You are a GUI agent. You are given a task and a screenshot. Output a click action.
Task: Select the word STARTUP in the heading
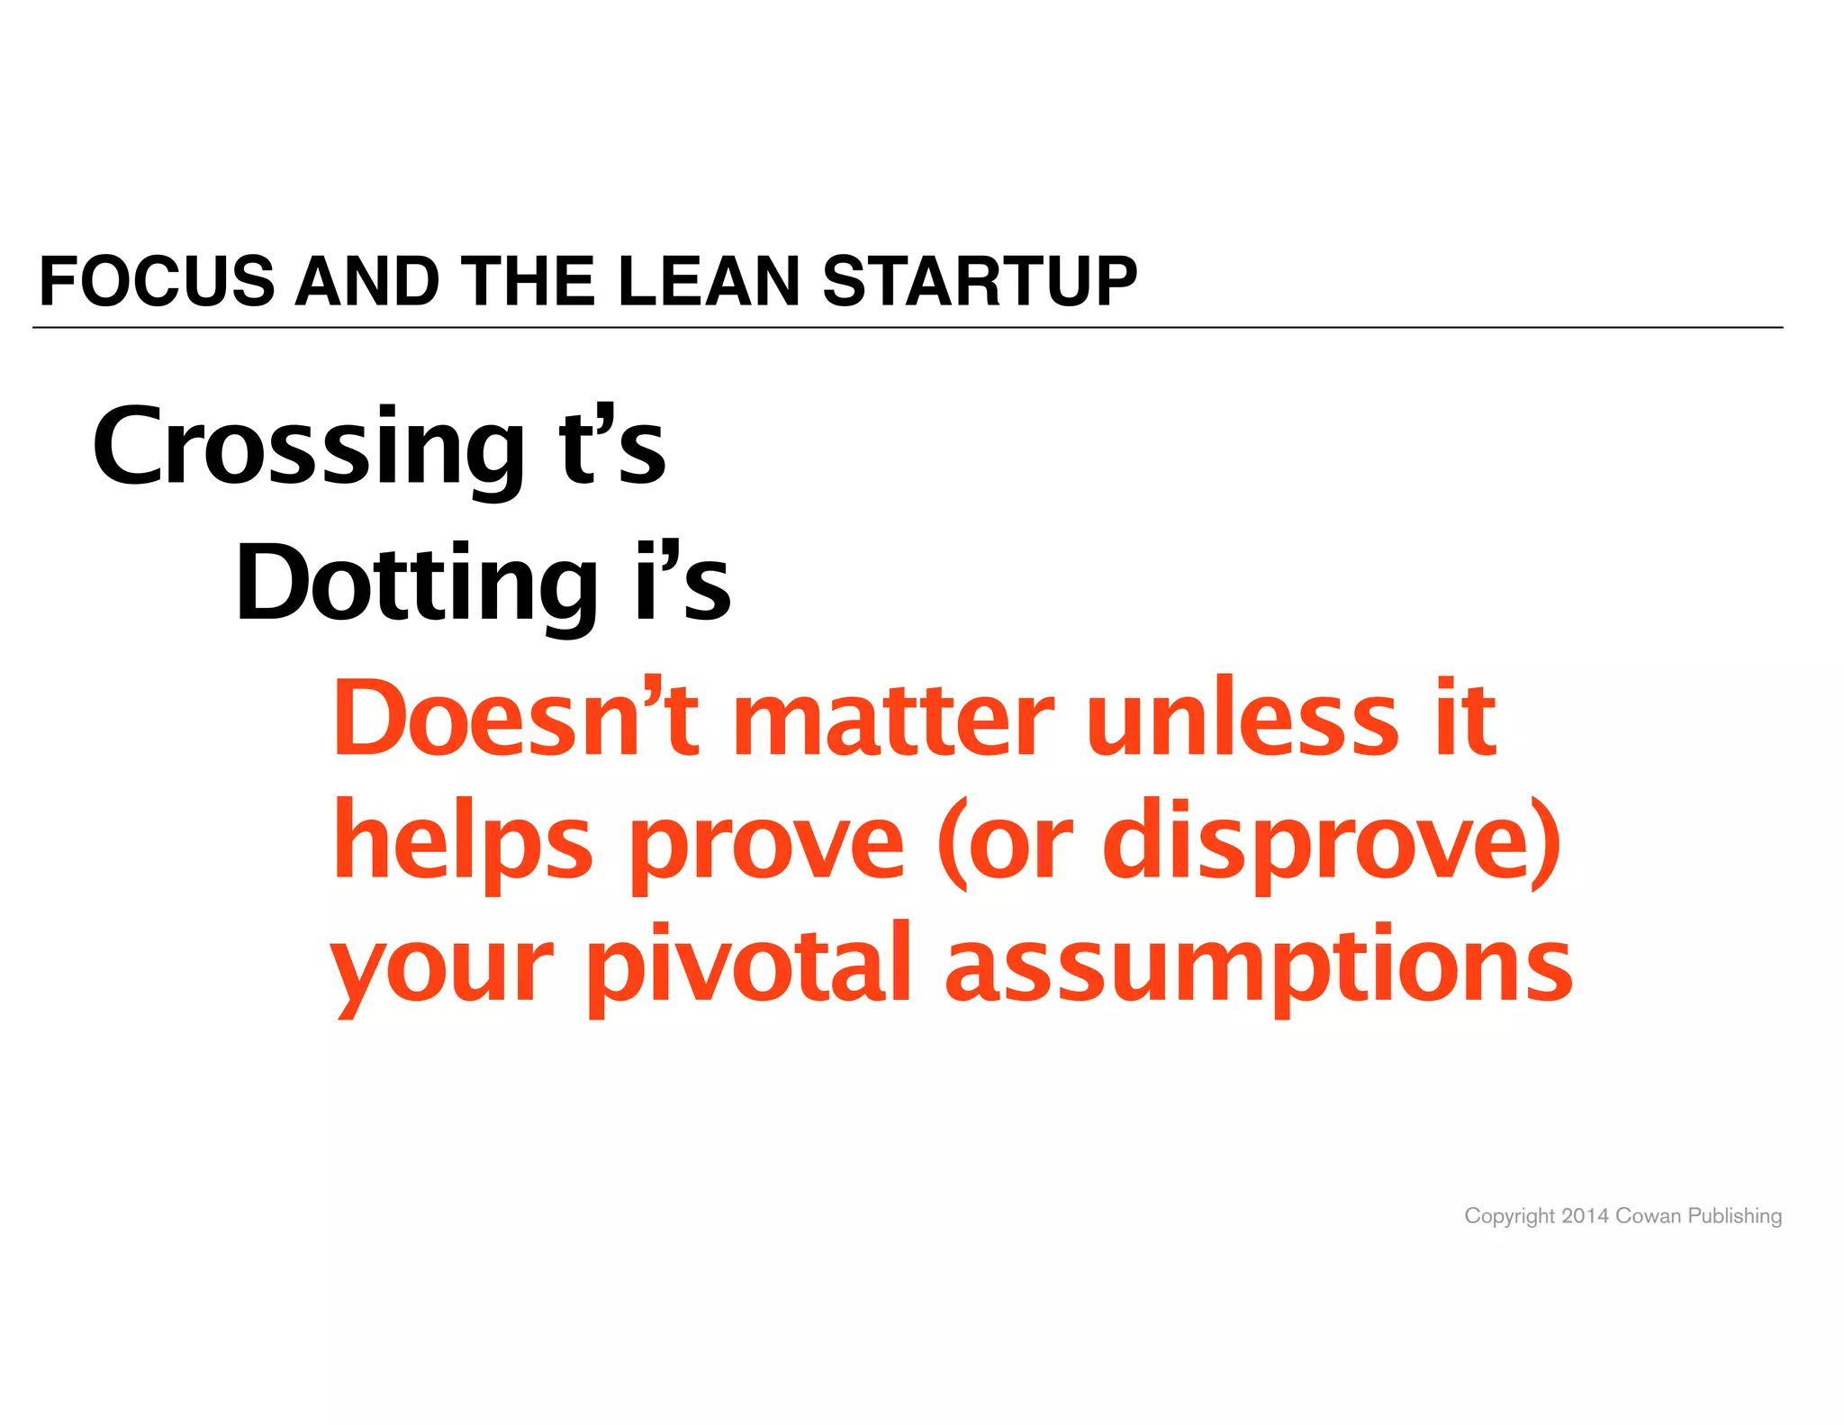[980, 281]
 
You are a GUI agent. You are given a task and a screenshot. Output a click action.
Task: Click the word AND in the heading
[366, 281]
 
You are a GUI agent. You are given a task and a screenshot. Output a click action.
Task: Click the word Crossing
[308, 448]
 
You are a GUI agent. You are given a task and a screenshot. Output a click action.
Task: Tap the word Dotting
[416, 584]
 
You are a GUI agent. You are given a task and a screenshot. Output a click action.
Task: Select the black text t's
[611, 448]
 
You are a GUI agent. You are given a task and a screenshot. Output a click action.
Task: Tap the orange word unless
[1243, 719]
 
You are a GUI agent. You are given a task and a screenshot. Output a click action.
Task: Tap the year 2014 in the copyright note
[1585, 1216]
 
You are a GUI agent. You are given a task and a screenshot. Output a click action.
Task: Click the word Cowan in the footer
[1648, 1216]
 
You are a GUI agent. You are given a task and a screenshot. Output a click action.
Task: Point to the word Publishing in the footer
[1734, 1217]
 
